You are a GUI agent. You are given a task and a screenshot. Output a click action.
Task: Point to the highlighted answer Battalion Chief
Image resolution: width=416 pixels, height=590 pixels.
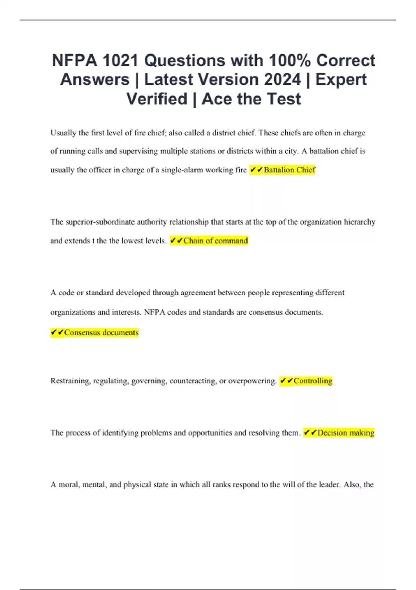tap(289, 170)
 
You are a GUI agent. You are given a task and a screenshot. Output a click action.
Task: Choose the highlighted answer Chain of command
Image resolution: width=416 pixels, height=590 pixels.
tap(216, 241)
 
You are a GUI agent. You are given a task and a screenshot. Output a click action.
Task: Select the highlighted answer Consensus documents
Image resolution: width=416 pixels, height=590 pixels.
tap(101, 332)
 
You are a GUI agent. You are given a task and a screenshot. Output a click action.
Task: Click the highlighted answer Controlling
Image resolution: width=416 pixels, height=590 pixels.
tap(313, 381)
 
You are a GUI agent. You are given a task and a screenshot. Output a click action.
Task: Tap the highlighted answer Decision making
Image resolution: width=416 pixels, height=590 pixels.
tap(346, 432)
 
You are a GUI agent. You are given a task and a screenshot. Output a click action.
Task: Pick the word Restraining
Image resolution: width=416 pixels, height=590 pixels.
tap(70, 381)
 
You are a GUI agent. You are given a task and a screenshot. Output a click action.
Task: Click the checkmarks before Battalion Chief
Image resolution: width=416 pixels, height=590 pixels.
tap(256, 170)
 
